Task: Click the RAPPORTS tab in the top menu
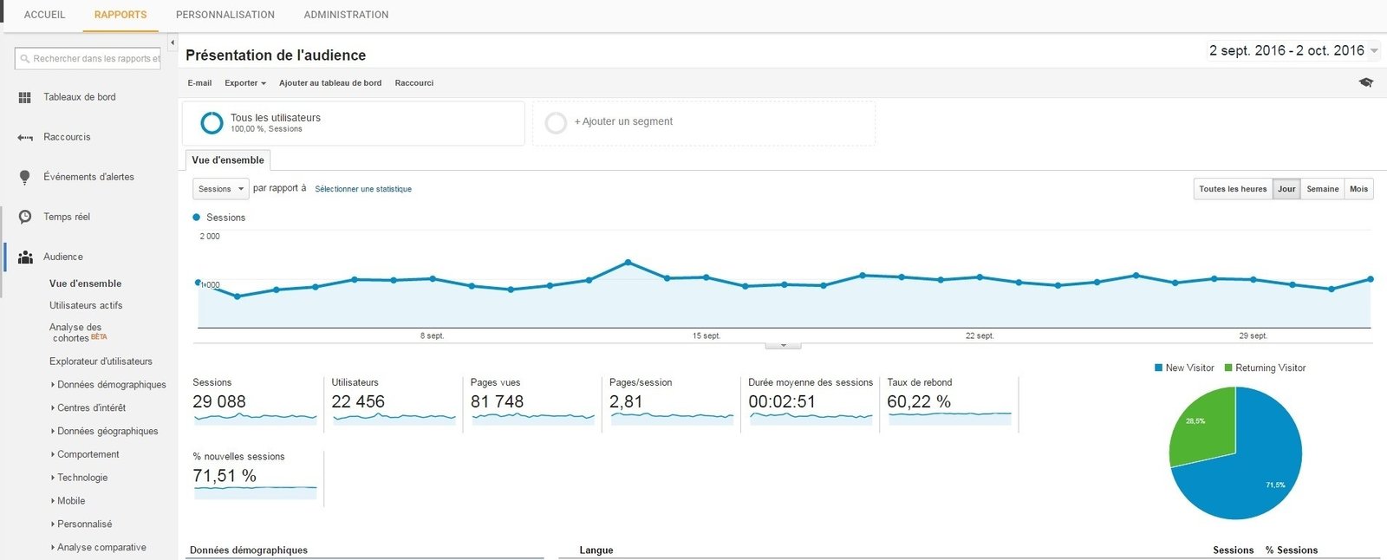(120, 15)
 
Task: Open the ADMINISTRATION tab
(346, 15)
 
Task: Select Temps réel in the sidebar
(67, 217)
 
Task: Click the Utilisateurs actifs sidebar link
(86, 305)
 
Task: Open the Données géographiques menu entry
(107, 431)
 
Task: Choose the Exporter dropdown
(245, 83)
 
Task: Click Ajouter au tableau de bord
(330, 83)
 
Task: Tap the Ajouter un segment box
(703, 122)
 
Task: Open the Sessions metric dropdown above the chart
(220, 189)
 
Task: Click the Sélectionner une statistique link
(363, 189)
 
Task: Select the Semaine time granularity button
(1322, 189)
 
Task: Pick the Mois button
(1358, 189)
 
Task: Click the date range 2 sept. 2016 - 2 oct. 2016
(1287, 51)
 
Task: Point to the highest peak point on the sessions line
(628, 262)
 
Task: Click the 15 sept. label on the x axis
(706, 335)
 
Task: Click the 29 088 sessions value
(219, 401)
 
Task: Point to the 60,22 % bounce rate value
(919, 401)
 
